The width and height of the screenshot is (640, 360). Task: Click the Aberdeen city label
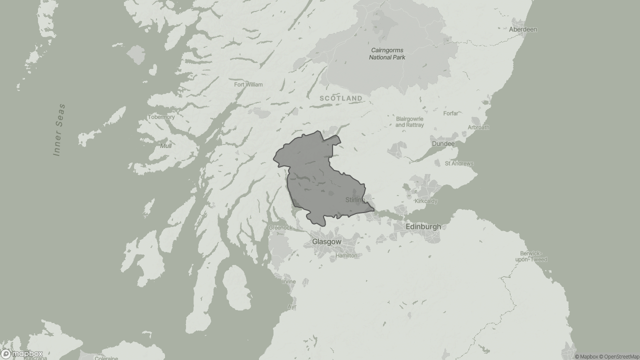coord(522,29)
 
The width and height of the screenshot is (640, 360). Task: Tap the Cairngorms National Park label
coord(387,53)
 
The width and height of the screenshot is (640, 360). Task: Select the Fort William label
coord(248,84)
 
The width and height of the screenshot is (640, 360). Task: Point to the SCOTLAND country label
coord(341,98)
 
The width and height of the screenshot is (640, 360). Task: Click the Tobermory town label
coord(161,117)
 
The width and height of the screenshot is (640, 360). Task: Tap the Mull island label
coord(166,146)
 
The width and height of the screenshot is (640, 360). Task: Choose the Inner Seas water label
coord(59,130)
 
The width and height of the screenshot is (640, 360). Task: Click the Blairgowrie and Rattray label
coord(409,122)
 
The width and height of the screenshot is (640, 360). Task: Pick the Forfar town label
coord(450,113)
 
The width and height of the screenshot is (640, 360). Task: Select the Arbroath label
coord(478,127)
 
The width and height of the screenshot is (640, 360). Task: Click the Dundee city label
coord(443,144)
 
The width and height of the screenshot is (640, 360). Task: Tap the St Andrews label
coord(459,163)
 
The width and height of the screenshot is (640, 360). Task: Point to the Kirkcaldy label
coord(426,201)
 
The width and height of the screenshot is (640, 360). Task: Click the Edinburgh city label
coord(423,226)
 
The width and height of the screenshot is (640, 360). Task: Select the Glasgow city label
coord(326,241)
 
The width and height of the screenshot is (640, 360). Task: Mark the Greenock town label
coord(280,227)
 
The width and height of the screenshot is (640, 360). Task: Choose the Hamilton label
coord(346,255)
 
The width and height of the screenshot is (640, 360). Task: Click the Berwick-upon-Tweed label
coord(533,256)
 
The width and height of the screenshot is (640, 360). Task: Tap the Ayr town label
coord(292,306)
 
